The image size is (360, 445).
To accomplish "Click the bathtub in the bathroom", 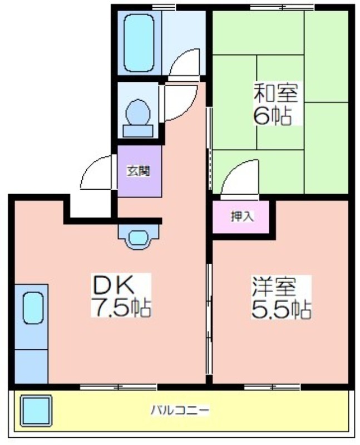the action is tap(139, 43).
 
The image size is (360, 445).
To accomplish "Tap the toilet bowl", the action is tap(138, 113).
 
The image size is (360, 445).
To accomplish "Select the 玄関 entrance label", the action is tap(138, 171).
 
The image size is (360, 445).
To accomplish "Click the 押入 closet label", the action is tap(241, 217).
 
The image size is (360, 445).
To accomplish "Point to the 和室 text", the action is tap(275, 92).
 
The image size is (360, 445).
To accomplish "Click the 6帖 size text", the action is tap(273, 116).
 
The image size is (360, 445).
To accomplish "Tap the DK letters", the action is tap(114, 284).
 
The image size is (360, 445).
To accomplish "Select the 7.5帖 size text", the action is tap(121, 307).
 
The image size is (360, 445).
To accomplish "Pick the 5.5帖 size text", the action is tap(281, 309).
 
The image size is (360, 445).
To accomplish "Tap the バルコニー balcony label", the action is tap(180, 410).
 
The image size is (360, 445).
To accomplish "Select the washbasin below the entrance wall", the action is tap(138, 238).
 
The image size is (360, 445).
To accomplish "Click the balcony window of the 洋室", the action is tap(272, 387).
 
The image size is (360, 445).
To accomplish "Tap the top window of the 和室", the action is tap(282, 8).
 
